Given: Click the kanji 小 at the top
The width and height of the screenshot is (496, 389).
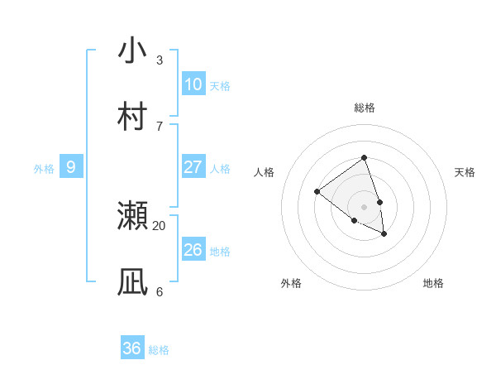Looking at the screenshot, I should (132, 50).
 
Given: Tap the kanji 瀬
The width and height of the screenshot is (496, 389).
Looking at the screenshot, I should (132, 216).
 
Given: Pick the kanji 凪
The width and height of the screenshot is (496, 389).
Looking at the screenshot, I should (132, 282).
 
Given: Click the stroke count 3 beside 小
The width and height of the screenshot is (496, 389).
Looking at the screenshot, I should (160, 60).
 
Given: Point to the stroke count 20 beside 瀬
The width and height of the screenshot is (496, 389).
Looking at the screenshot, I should (160, 225).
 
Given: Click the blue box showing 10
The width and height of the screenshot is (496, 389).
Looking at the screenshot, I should (193, 84).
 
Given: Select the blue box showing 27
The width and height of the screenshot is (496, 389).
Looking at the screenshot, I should (193, 167).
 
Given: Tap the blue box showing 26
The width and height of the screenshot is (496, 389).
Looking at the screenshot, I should (193, 249).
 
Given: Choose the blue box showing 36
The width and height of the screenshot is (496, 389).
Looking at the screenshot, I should (132, 348).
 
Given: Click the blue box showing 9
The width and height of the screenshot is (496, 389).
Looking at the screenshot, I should (71, 167).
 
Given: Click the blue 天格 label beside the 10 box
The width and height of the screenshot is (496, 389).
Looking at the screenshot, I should (220, 86).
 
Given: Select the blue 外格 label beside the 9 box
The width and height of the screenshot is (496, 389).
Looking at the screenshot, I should (44, 169).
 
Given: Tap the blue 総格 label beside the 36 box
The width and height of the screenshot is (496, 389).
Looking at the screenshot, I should (159, 350).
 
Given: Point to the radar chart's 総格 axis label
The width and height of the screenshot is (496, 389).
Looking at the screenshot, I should (364, 108).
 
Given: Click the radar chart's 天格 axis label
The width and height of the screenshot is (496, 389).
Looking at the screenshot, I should (465, 172).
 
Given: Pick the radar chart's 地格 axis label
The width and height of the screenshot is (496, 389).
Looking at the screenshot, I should (433, 283).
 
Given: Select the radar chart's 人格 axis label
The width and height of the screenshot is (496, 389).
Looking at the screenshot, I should (264, 172).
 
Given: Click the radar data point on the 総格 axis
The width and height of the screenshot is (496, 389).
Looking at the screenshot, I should (364, 157).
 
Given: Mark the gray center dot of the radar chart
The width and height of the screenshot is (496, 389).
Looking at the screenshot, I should (364, 206).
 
